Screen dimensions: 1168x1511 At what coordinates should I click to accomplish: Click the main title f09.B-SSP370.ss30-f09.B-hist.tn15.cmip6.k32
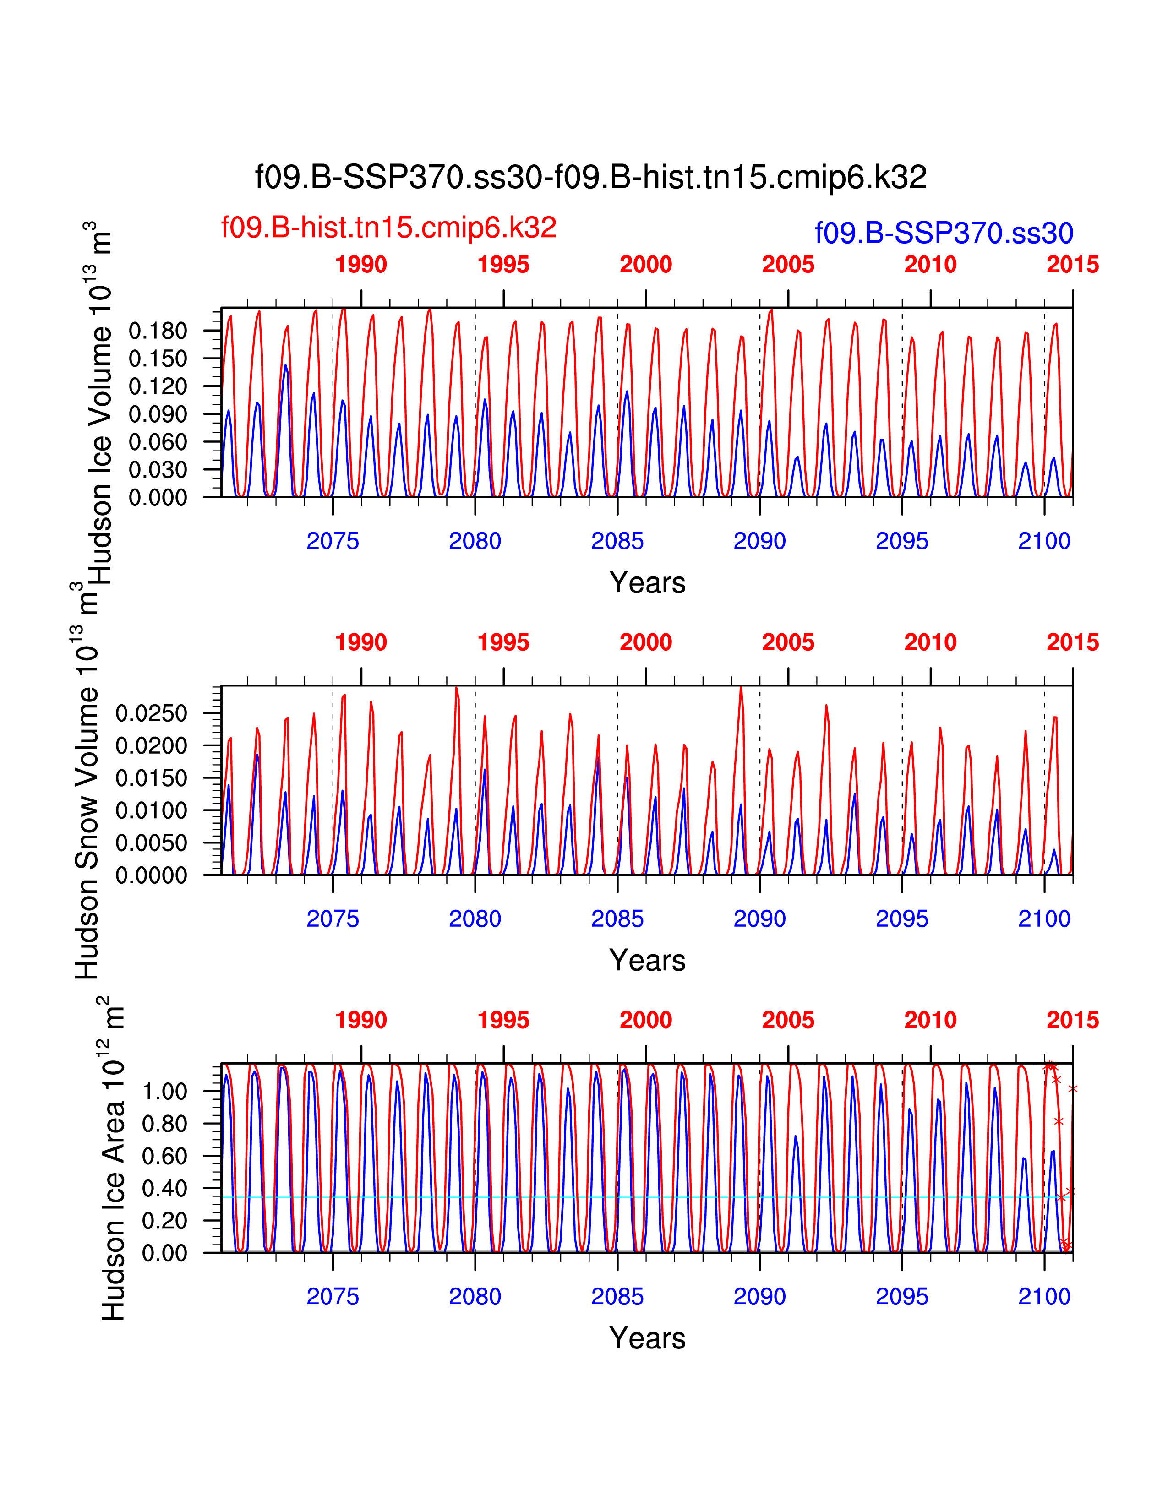coord(590,177)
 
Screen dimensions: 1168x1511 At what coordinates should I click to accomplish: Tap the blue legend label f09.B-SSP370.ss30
coord(944,233)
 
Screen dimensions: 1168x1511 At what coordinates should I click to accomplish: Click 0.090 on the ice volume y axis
coord(158,414)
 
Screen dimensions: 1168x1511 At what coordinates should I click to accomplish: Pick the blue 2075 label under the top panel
coord(333,541)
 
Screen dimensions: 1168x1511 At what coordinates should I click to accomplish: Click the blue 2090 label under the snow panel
coord(760,919)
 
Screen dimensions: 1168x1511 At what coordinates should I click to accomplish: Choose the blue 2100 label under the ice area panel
coord(1044,1297)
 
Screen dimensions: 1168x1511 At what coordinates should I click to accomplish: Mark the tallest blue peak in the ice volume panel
coord(285,365)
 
